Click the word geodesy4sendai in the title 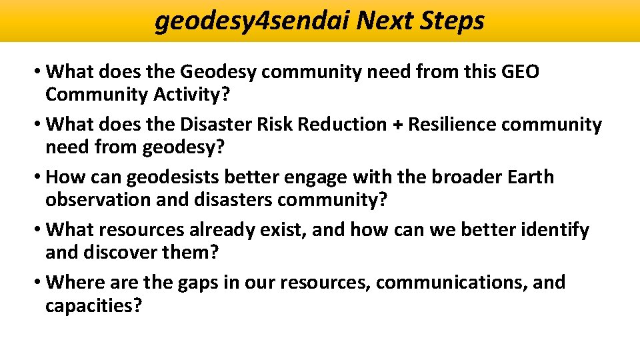point(252,21)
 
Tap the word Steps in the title point(453,21)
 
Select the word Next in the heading point(386,21)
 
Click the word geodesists point(177,177)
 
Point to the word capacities point(93,305)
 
